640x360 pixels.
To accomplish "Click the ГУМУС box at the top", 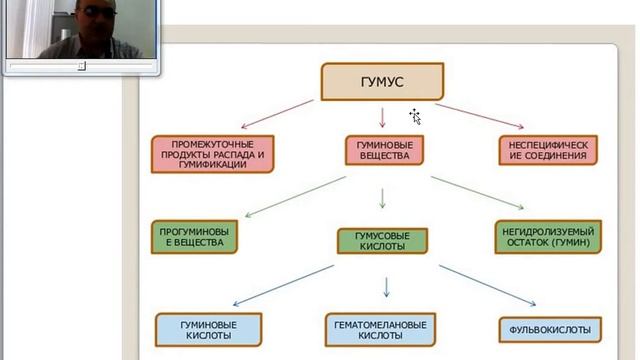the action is pos(382,82).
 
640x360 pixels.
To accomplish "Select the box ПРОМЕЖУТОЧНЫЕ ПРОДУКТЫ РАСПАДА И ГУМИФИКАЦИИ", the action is pos(213,154).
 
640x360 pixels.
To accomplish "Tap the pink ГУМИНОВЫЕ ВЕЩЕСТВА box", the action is pos(384,150).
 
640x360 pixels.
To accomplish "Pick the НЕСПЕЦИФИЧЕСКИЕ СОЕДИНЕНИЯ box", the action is pos(548,150).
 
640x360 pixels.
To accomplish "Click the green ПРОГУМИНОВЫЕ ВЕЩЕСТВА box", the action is pos(194,237).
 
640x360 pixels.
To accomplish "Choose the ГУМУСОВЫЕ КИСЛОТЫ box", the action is pos(382,241).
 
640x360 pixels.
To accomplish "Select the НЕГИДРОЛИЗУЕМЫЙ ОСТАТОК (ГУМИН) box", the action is pos(548,237).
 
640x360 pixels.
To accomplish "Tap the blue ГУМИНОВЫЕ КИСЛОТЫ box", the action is pos(209,330).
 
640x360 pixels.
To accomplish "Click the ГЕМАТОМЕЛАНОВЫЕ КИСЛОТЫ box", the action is pos(380,330).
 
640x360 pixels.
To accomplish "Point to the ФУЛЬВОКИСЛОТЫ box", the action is pos(550,330).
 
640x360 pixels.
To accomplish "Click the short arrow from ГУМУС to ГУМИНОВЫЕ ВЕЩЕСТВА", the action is pos(382,118).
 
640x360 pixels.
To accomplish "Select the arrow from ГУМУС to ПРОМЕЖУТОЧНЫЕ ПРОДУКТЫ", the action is pos(277,114).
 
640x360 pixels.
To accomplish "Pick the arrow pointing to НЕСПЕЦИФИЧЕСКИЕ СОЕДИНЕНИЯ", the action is pos(480,116).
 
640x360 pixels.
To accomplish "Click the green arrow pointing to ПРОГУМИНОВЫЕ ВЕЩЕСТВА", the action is pos(295,196).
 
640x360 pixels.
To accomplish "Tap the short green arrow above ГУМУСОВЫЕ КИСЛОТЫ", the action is pos(382,198).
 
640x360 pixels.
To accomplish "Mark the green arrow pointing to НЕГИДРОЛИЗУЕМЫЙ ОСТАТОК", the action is pos(478,193).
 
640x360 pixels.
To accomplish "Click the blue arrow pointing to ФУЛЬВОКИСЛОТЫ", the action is pos(487,285).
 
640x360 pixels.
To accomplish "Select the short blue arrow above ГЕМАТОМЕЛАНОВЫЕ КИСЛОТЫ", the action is pos(386,287).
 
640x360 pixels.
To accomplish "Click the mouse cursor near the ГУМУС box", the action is pos(415,116).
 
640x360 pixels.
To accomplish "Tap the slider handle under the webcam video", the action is pos(82,65).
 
